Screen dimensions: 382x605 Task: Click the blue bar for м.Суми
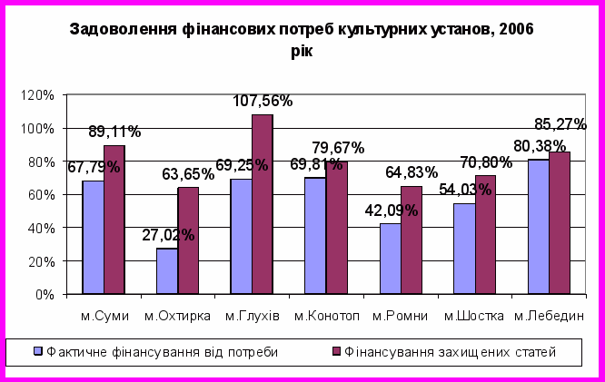93,237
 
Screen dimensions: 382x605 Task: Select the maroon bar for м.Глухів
262,204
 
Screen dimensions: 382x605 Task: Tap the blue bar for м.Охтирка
167,271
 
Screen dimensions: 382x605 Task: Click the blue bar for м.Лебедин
539,227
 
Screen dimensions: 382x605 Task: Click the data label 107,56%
263,102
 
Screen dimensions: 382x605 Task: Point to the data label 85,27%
560,123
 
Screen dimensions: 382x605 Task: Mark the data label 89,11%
114,132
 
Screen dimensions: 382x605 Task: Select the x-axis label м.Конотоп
328,316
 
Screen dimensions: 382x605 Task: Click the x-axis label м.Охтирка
179,316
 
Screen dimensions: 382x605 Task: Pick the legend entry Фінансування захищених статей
442,350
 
